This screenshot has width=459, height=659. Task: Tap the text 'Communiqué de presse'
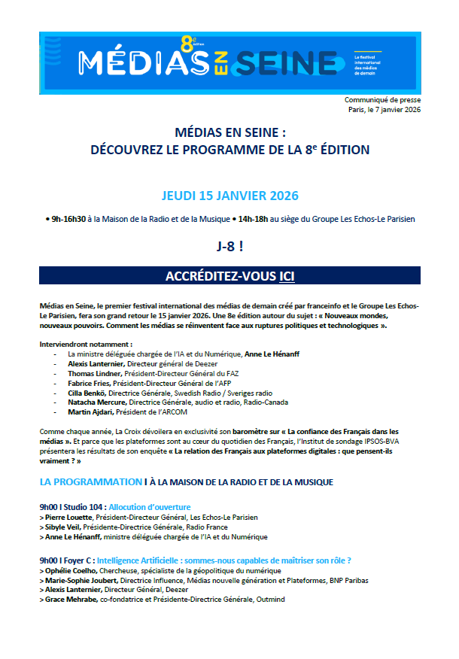pyautogui.click(x=382, y=99)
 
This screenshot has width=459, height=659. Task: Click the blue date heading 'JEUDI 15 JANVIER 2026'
pyautogui.click(x=229, y=196)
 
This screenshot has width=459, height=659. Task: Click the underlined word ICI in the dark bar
pyautogui.click(x=286, y=276)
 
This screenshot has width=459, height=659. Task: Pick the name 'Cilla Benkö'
pyautogui.click(x=87, y=393)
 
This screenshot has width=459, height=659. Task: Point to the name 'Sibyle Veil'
pyautogui.click(x=63, y=527)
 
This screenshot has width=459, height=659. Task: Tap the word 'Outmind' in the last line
pyautogui.click(x=269, y=600)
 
